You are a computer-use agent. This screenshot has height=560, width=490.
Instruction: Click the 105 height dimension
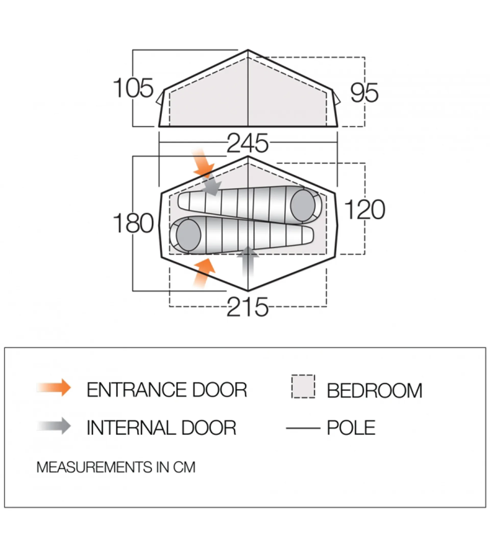tap(133, 88)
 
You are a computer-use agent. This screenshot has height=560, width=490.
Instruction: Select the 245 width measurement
tap(248, 143)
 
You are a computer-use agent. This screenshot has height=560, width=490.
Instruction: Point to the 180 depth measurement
tap(133, 223)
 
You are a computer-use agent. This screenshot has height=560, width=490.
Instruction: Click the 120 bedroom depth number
tap(364, 210)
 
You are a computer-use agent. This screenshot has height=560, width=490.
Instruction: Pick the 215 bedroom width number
tap(248, 307)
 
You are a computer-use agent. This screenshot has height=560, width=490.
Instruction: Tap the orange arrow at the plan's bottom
tap(204, 273)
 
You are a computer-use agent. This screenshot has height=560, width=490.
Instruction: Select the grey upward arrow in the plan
tap(248, 262)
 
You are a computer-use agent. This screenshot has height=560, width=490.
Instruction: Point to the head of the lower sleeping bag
tap(189, 235)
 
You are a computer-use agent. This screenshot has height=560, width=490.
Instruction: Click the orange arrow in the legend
tap(54, 387)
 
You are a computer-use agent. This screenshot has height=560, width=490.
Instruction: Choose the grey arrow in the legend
tap(54, 426)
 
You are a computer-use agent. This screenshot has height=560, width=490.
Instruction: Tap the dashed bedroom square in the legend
tap(303, 386)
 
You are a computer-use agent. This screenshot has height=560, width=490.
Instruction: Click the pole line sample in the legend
tap(303, 428)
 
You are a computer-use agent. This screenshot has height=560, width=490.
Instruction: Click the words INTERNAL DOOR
tap(161, 428)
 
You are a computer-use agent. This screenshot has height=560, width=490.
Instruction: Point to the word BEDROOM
tap(375, 391)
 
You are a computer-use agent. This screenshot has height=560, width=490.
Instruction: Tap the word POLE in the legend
tap(351, 427)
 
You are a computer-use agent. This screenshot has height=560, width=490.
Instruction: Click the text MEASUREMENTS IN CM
tap(116, 467)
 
